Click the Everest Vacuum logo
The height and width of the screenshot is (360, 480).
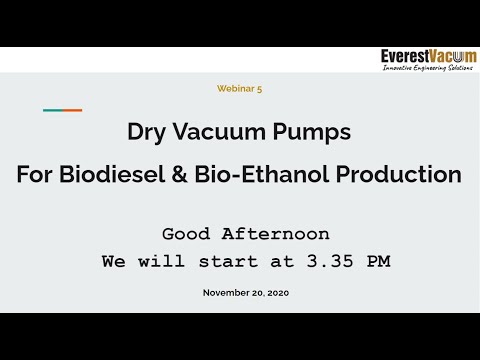429,57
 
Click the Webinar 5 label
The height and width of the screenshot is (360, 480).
239,88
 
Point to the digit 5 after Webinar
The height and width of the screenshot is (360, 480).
259,88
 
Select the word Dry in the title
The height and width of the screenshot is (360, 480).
145,131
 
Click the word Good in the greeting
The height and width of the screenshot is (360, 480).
187,234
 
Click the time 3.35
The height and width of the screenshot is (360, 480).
322,262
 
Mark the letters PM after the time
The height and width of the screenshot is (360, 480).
375,262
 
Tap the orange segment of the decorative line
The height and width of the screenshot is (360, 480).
72,110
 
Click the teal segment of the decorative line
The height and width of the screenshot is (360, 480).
52,110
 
